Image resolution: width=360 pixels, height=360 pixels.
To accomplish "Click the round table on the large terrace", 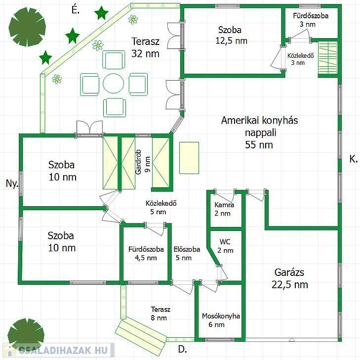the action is pos(114,83).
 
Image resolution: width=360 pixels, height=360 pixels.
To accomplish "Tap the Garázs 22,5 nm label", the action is pos(290,278).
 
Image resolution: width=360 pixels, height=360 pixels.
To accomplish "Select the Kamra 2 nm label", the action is pos(224,209).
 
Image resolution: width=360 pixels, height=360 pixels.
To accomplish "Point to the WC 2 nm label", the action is pos(225,246).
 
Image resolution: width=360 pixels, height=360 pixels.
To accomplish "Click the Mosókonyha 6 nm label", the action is pos(221,320).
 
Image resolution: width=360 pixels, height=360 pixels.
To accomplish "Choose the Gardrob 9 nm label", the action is pos(143,162).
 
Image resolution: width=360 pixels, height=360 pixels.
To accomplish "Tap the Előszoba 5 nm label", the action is pos(187,253).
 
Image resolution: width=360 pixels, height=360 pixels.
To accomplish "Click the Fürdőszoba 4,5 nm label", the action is pos(146,253).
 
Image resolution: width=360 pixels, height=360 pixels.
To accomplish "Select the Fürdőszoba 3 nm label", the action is pos(311,20).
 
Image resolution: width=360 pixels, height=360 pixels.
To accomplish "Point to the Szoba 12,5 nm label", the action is pos(231,35).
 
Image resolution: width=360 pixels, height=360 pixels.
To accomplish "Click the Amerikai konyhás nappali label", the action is pos(259,126).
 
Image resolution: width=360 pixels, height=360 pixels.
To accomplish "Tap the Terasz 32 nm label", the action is pos(145,47).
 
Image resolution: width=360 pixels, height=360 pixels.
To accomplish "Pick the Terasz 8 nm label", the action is pos(160,314).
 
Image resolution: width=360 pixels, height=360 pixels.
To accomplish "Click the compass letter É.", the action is pos(75,10).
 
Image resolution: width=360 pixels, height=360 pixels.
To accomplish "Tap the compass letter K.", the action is pos(354,159).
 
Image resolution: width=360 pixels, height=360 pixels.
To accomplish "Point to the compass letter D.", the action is pos(182,350).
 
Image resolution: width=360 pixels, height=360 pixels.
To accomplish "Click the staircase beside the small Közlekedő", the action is pos(328,59).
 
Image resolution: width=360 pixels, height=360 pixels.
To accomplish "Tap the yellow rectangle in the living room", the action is pos(189,158).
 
